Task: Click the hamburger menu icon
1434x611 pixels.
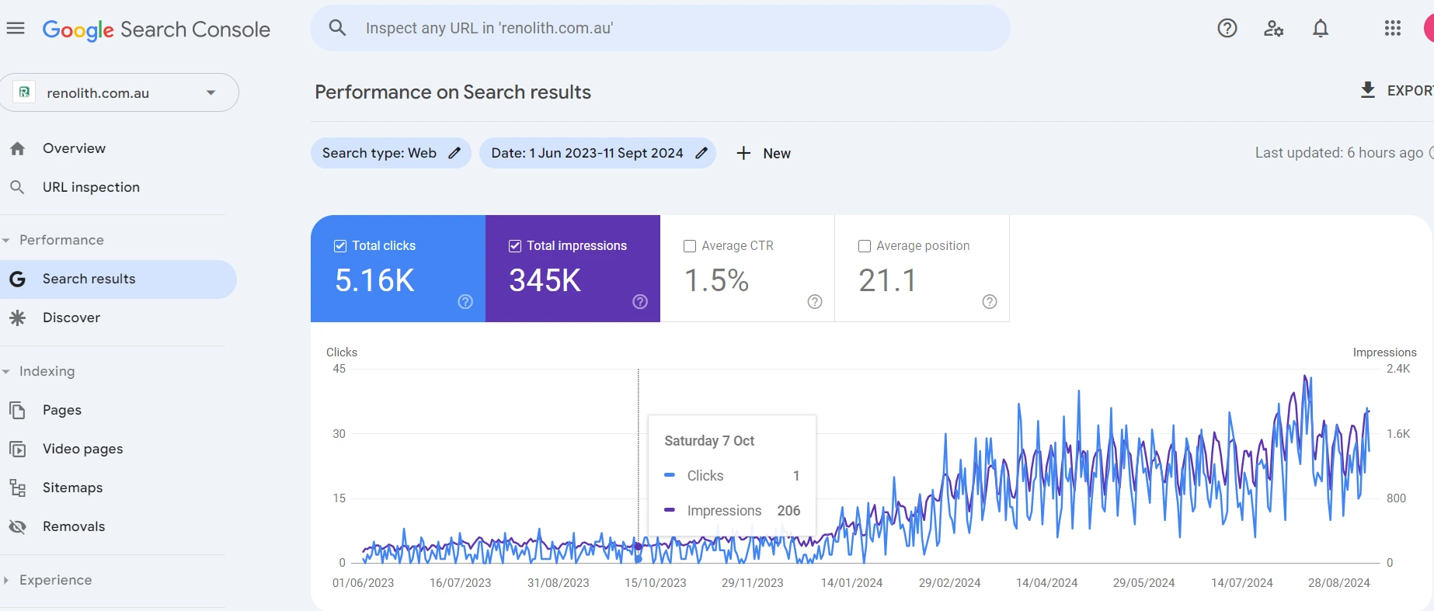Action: pyautogui.click(x=16, y=29)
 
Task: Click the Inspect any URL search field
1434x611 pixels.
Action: pyautogui.click(x=660, y=28)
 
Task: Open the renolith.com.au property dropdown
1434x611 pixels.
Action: pyautogui.click(x=119, y=92)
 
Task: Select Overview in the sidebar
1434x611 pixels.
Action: pyautogui.click(x=74, y=148)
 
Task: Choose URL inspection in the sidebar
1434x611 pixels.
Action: pyautogui.click(x=91, y=187)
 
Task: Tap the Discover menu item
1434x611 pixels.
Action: pyautogui.click(x=71, y=318)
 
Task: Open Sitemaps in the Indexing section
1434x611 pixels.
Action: pyautogui.click(x=72, y=488)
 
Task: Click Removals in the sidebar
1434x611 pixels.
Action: pyautogui.click(x=74, y=526)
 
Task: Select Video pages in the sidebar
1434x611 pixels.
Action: pyautogui.click(x=82, y=449)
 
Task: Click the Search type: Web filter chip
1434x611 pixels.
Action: pyautogui.click(x=391, y=153)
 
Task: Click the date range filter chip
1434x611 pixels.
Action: pyautogui.click(x=597, y=153)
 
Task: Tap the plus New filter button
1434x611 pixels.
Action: pyautogui.click(x=764, y=153)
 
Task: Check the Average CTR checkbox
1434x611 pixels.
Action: pyautogui.click(x=690, y=246)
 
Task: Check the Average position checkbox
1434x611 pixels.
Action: pyautogui.click(x=865, y=246)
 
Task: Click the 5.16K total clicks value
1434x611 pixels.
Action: pyautogui.click(x=374, y=280)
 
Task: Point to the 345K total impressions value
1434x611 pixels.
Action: pyautogui.click(x=545, y=280)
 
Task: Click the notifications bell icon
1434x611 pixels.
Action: pyautogui.click(x=1321, y=29)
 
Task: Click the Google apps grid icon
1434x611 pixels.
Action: pyautogui.click(x=1393, y=29)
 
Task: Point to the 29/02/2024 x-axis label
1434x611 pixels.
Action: pyautogui.click(x=949, y=583)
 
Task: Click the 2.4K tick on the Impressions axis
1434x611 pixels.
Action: pyautogui.click(x=1398, y=369)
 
